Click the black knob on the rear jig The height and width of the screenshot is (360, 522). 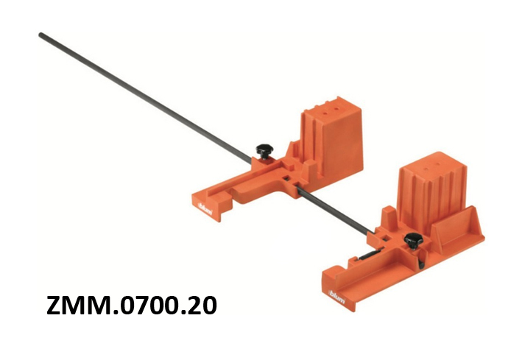[x=264, y=151]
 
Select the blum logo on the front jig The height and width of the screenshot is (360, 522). [x=337, y=297]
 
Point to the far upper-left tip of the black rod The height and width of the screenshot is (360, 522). [x=40, y=35]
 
